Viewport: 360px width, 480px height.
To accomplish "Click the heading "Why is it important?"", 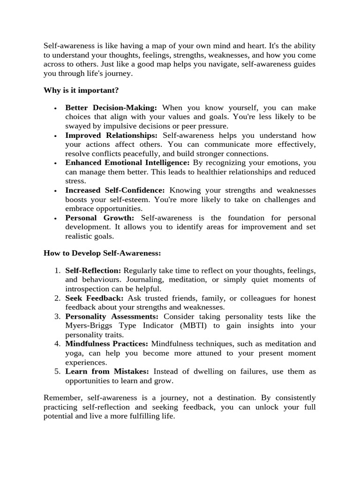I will (x=82, y=90).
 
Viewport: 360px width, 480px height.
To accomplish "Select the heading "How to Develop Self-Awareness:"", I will (x=102, y=253).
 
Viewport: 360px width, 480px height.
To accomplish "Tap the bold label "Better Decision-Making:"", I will (x=111, y=108).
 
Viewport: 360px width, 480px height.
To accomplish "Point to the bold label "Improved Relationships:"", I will (x=112, y=135).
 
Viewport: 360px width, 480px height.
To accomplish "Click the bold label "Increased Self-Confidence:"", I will (x=115, y=190).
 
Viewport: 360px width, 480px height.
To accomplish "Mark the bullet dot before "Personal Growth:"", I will (x=55, y=218).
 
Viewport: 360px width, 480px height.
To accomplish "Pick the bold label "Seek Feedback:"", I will (x=94, y=298).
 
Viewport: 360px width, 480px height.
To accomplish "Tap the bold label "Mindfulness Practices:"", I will (x=106, y=344).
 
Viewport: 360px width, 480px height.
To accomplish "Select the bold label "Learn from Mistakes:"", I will (x=107, y=371).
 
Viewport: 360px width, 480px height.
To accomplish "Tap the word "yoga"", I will (x=74, y=353).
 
